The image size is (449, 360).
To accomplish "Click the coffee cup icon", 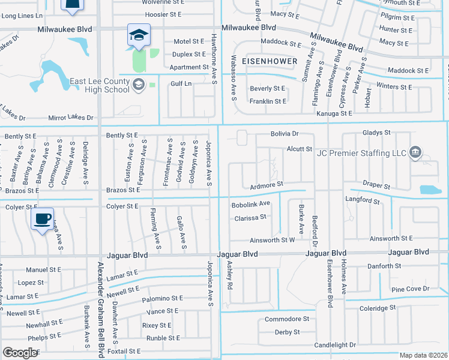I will [x=42, y=219].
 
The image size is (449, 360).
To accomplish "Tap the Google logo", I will [x=20, y=353].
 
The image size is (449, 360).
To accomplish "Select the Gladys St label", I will [x=376, y=132].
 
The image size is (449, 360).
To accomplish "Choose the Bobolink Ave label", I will [x=250, y=204].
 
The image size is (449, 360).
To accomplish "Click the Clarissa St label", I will [x=250, y=218].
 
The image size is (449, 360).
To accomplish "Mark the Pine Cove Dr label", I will [x=410, y=289].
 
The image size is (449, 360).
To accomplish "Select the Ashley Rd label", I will [x=229, y=275].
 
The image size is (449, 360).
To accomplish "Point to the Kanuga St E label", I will [x=333, y=113].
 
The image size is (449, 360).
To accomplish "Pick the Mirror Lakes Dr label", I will [x=74, y=118].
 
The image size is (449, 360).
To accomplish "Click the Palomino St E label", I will [x=162, y=298].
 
